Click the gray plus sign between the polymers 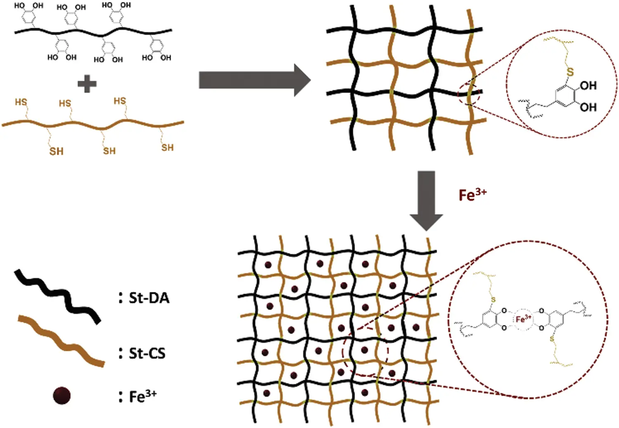coord(87,84)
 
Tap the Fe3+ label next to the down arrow coord(473,194)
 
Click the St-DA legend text coord(149,298)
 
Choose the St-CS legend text coord(147,353)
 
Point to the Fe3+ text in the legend coord(143,396)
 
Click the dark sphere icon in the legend coord(62,396)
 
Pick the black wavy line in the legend coord(57,296)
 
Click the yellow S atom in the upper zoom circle coord(570,73)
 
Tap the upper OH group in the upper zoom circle coord(588,86)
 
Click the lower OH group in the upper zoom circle coord(588,107)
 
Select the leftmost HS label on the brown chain coord(21,102)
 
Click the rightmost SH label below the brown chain coord(167,148)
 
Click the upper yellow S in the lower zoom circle coord(494,300)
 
